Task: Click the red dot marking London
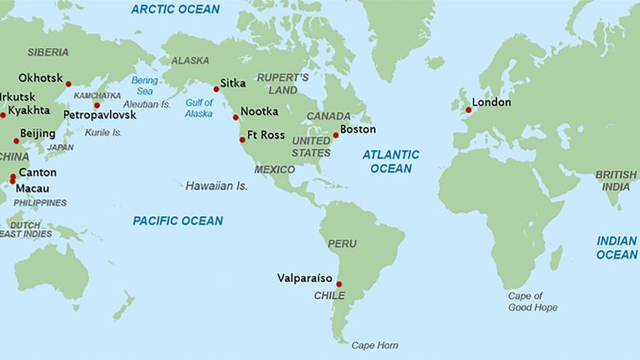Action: (468, 110)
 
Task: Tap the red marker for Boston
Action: (335, 135)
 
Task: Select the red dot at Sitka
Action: (216, 89)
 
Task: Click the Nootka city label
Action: (259, 111)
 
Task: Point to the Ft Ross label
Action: (266, 134)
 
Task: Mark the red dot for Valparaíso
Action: (339, 284)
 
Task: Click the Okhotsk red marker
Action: (68, 84)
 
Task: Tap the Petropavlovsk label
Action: (99, 114)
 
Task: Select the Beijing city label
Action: (37, 134)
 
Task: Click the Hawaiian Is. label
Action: (216, 186)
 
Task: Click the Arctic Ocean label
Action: (175, 9)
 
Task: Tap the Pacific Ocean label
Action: (178, 221)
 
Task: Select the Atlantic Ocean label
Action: (391, 161)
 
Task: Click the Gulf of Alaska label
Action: (199, 109)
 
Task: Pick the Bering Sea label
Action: (145, 85)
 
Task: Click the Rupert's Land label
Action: (283, 84)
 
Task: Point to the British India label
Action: (616, 181)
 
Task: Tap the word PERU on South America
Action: (342, 243)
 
